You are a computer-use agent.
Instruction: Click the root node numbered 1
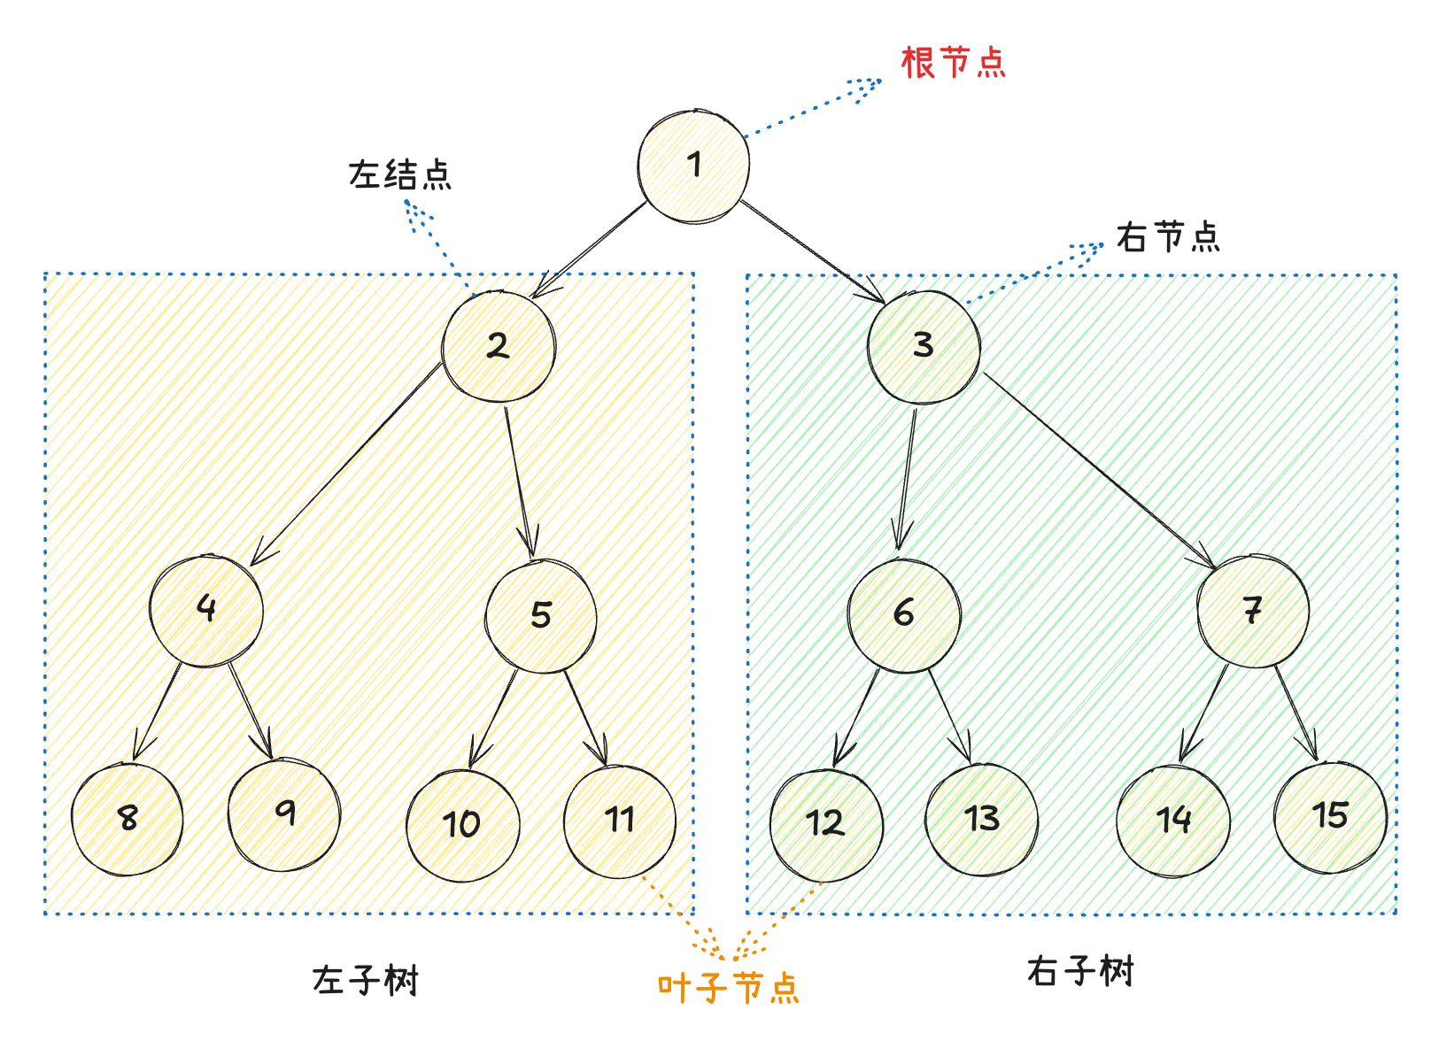(693, 166)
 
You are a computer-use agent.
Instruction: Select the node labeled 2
(499, 346)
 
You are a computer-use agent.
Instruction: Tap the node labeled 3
(924, 346)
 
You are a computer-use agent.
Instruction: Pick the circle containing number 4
(206, 610)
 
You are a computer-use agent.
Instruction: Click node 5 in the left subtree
(541, 615)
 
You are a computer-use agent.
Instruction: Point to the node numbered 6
(904, 614)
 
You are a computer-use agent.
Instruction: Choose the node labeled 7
(1252, 611)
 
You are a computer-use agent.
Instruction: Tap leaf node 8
(128, 819)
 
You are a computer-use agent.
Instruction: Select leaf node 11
(620, 821)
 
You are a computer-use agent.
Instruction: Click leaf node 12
(826, 824)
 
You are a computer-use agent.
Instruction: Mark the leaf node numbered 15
(1331, 817)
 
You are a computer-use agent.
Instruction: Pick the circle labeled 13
(982, 820)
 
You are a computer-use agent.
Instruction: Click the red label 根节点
(954, 63)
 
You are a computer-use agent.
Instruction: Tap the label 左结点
(399, 174)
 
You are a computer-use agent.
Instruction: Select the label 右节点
(1168, 237)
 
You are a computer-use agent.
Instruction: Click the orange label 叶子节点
(728, 988)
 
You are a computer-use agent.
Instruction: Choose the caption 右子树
(1080, 971)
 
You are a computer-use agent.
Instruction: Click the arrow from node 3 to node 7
(1098, 469)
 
